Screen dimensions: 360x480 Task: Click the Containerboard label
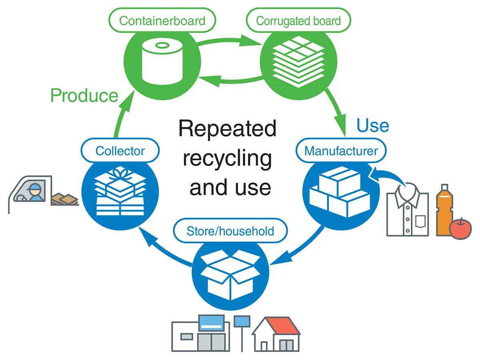[x=162, y=20]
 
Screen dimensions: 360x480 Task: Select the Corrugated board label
[x=298, y=20]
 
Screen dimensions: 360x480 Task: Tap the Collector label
[x=120, y=151]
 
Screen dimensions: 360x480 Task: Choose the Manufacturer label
[x=341, y=151]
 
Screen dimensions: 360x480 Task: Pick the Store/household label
[x=230, y=231]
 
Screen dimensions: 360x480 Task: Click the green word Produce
[x=84, y=96]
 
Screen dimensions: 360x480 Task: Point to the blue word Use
[x=372, y=125]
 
